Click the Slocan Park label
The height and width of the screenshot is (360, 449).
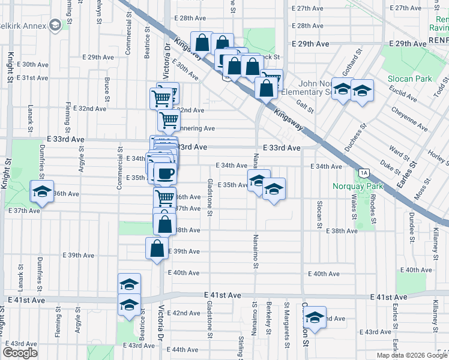pos(414,79)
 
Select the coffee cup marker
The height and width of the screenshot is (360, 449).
pos(165,174)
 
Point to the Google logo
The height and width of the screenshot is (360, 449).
pos(19,353)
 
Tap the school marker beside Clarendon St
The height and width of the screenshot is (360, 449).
pos(314,316)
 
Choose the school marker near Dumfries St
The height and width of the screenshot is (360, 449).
pos(42,191)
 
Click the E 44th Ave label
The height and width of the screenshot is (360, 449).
pos(185,349)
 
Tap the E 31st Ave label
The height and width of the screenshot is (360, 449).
pos(32,78)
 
